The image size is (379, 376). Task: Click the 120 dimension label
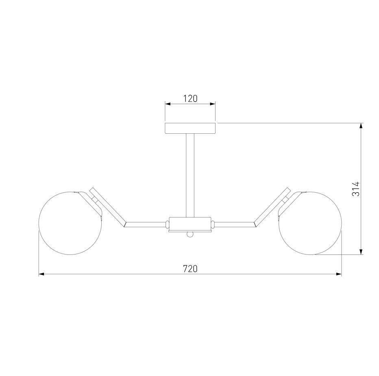[x=190, y=99]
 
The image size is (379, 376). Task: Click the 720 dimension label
[x=190, y=269]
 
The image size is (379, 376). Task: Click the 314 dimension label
[x=356, y=189]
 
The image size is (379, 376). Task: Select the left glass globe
[x=70, y=223]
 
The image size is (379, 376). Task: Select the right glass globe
[x=310, y=223]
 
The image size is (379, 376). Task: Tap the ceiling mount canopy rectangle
[x=190, y=128]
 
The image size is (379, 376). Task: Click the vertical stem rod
[x=190, y=175]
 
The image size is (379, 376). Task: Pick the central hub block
[x=190, y=224]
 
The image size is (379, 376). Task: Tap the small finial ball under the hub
[x=190, y=234]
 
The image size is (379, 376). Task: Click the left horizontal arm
[x=145, y=224]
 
